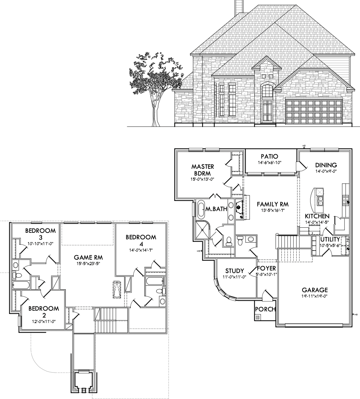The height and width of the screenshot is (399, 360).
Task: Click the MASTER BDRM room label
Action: [x=203, y=170]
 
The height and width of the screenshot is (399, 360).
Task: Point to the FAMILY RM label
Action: [x=272, y=204]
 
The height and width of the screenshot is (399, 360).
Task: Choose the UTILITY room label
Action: [x=330, y=239]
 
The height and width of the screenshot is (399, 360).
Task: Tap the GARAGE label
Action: [x=315, y=290]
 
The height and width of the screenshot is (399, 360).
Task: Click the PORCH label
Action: [x=265, y=309]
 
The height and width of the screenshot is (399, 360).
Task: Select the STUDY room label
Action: [x=234, y=271]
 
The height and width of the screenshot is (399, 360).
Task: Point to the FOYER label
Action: [x=266, y=268]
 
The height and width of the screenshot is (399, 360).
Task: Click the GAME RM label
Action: [x=88, y=257]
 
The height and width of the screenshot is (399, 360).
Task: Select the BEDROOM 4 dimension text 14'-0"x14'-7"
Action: [x=141, y=249]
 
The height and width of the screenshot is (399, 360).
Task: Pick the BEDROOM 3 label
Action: [x=40, y=234]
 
